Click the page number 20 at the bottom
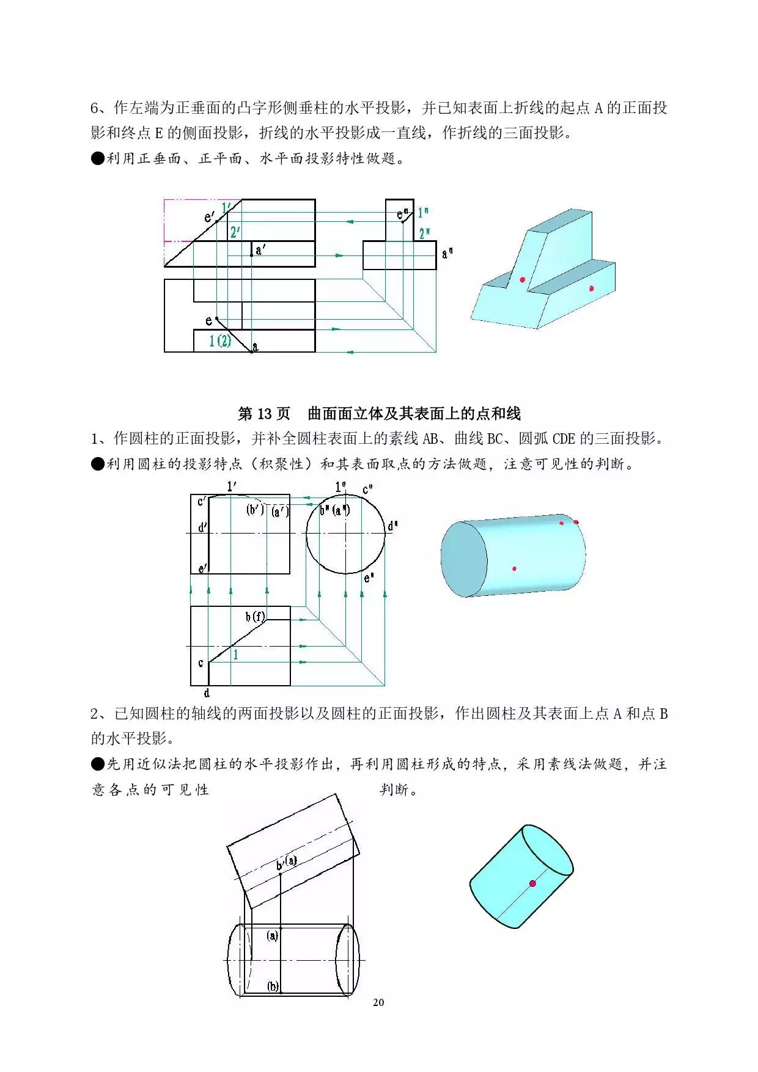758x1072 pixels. (x=378, y=1002)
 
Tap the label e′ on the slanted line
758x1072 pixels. (x=210, y=217)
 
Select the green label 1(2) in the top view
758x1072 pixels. (x=220, y=341)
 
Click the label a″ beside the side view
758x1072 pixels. (x=447, y=253)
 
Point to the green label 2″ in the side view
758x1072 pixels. (x=424, y=233)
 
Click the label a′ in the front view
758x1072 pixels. (x=260, y=249)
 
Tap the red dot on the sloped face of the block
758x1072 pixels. (x=523, y=280)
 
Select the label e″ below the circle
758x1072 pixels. (x=369, y=577)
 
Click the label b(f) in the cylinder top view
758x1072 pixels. (x=256, y=617)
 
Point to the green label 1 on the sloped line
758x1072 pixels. (x=235, y=655)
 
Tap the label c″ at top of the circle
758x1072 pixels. (x=368, y=490)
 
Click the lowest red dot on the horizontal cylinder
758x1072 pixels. (x=514, y=568)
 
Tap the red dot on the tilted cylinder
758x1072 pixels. (x=532, y=883)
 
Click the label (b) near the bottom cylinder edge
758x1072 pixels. (x=273, y=986)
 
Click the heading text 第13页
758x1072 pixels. (x=263, y=414)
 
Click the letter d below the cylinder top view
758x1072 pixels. (x=207, y=693)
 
